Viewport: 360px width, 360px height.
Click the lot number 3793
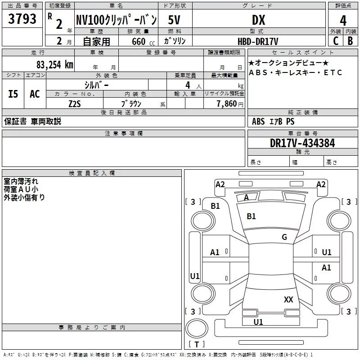tap(22, 19)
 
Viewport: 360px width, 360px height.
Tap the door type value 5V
tap(175, 20)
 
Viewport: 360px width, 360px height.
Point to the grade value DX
tap(258, 20)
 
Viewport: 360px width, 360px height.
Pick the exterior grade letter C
tap(336, 41)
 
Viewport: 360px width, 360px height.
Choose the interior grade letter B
tap(351, 41)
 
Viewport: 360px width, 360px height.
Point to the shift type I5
tap(13, 94)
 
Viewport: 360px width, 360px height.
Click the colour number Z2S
tap(75, 103)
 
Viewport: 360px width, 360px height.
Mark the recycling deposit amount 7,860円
tap(229, 103)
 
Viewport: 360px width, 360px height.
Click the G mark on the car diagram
tap(284, 237)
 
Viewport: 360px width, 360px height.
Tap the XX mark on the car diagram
tap(288, 300)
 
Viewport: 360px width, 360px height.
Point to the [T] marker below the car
tap(197, 345)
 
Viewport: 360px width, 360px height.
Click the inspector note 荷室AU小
tap(21, 189)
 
